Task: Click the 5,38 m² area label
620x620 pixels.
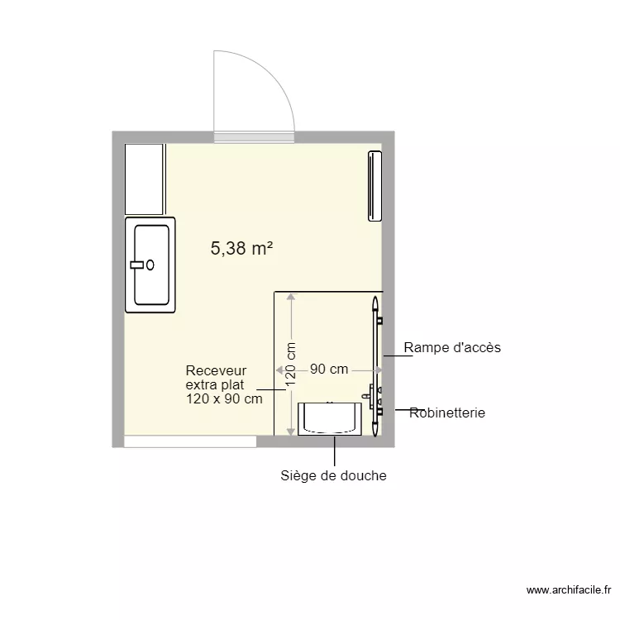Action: (x=241, y=248)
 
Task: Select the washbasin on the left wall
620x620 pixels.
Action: (x=150, y=265)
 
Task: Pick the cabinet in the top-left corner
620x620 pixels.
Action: (x=145, y=179)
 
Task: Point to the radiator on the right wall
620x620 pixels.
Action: (x=374, y=186)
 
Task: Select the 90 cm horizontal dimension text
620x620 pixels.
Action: (x=329, y=370)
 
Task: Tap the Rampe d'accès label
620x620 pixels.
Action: (x=452, y=348)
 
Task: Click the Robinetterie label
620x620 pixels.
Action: (x=447, y=413)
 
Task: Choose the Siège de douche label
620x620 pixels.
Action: (x=334, y=475)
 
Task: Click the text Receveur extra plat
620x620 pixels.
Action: (x=216, y=378)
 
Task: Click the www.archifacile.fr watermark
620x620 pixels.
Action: (x=569, y=590)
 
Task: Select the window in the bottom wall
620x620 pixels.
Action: (x=190, y=441)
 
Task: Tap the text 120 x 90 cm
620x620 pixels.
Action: (x=224, y=398)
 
